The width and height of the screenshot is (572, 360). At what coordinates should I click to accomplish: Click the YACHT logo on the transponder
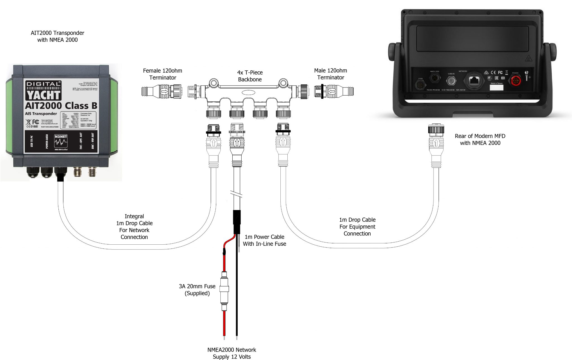point(43,95)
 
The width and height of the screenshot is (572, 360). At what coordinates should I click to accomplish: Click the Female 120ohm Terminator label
point(163,74)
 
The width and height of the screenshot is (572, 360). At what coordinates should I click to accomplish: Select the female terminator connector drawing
point(162,91)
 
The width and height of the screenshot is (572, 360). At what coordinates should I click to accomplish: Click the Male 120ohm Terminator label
point(330,74)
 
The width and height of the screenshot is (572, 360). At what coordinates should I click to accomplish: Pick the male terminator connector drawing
point(334,91)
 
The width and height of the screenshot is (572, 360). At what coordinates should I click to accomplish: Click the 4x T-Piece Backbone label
point(250,76)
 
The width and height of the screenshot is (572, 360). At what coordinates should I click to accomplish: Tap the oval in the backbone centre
point(248,92)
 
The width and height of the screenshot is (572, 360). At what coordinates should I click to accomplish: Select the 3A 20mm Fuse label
point(197,290)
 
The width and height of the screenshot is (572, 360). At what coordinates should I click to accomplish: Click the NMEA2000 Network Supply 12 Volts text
point(232,353)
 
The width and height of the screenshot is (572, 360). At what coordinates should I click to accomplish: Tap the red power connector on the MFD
point(516,81)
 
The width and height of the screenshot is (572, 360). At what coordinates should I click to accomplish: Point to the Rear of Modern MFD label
point(480,139)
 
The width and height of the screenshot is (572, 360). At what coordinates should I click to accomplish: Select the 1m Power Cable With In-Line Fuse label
point(264,240)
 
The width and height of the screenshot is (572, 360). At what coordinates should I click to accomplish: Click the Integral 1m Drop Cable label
point(134,227)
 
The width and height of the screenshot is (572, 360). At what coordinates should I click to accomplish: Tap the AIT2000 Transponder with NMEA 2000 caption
point(57,36)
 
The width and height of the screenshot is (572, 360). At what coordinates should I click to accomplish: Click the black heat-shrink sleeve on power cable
point(237,222)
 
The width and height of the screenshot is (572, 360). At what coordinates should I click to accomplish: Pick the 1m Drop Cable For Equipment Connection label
point(357,227)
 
